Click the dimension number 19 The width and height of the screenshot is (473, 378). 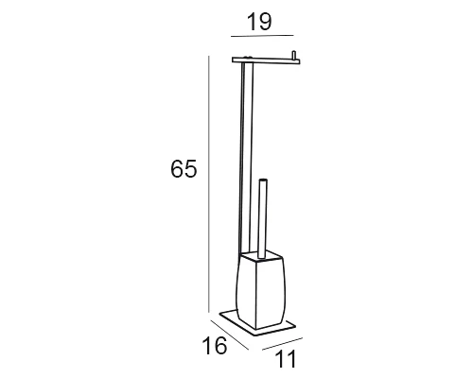tap(259, 22)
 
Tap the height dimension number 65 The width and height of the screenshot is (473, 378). tap(184, 168)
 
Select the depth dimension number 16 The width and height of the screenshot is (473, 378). tap(214, 345)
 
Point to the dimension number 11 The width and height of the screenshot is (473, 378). tap(286, 359)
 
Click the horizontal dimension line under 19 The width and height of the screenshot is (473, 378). tap(262, 36)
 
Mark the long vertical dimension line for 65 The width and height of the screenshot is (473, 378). tap(208, 184)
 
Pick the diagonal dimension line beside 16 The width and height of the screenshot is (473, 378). tap(230, 335)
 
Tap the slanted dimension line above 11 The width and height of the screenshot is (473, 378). tap(282, 344)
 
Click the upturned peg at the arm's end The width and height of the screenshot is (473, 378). tap(294, 55)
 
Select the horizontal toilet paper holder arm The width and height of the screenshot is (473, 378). tap(266, 60)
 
